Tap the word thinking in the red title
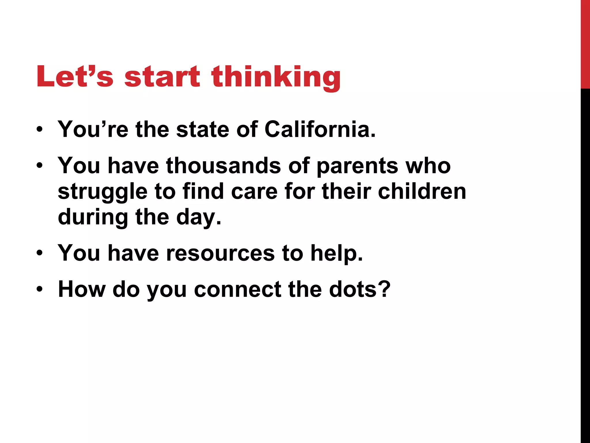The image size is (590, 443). [x=276, y=77]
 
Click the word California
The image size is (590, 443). [x=320, y=129]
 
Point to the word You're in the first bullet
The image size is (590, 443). [x=93, y=129]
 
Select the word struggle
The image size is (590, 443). [x=103, y=192]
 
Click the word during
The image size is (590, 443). [x=93, y=217]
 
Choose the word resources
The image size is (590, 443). [x=220, y=253]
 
